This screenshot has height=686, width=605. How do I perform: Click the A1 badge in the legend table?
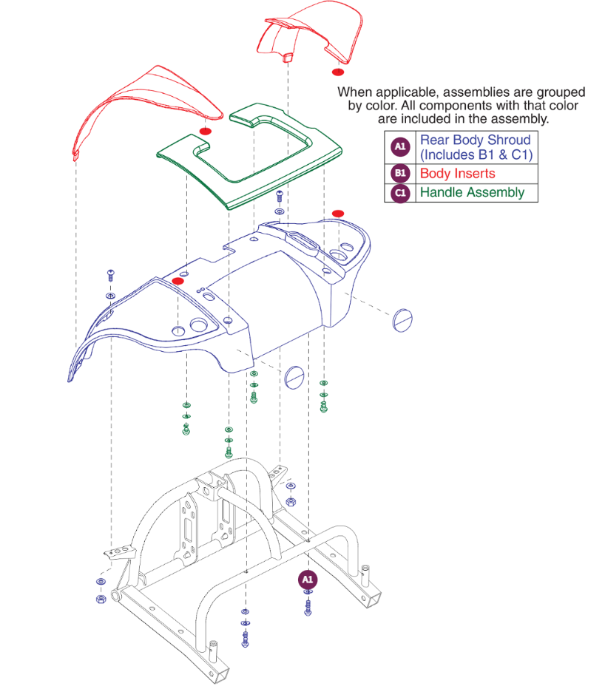point(400,147)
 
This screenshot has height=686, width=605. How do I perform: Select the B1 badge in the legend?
point(400,174)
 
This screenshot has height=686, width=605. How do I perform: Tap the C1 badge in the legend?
point(400,193)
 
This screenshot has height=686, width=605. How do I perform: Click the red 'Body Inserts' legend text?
point(457,174)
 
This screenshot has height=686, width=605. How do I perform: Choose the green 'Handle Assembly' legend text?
point(472,193)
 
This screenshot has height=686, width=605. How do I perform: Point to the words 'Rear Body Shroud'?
point(475,140)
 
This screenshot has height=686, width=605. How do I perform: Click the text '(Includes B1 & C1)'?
point(476,155)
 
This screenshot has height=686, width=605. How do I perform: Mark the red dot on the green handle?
point(206,132)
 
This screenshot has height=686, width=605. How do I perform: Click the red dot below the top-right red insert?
point(337,72)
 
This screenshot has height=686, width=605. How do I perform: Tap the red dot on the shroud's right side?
point(338,214)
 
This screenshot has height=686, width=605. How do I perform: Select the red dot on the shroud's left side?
point(178,281)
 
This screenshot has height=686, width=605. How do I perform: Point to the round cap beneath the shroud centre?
point(294,376)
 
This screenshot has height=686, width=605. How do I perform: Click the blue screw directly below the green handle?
point(279,196)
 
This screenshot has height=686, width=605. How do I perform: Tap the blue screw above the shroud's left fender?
point(110,274)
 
